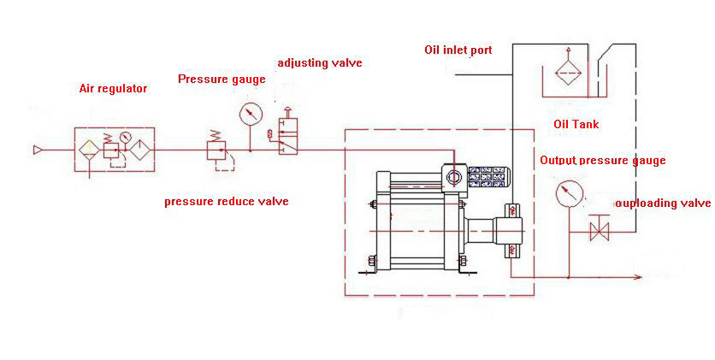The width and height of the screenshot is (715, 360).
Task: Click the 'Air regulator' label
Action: [113, 88]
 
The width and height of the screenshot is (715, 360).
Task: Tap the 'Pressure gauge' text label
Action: [222, 79]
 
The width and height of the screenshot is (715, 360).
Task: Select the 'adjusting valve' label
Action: [320, 63]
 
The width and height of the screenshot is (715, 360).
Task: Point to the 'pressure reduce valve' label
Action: [226, 202]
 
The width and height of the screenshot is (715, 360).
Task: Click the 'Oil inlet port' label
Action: [458, 50]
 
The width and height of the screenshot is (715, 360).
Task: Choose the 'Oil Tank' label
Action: [576, 124]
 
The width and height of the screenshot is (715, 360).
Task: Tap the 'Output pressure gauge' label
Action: [602, 160]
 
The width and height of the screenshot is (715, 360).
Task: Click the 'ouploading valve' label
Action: [663, 204]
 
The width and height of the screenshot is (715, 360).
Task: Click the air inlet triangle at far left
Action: [38, 151]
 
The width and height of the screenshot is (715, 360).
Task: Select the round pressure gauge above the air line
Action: [251, 113]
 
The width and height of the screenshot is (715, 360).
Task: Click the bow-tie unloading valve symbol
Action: [600, 230]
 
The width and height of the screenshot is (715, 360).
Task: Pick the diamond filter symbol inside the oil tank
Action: [566, 69]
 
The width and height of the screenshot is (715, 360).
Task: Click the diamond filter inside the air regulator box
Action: [89, 151]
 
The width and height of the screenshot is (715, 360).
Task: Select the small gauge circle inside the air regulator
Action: [125, 138]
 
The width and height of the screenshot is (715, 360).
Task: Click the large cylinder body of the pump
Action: [418, 227]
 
